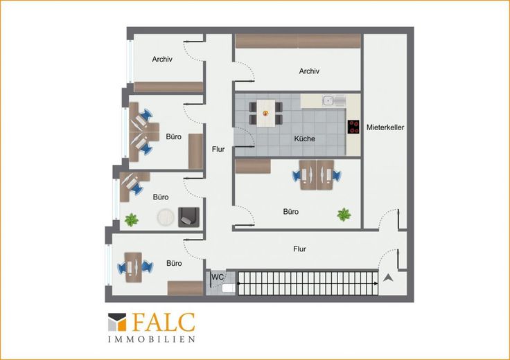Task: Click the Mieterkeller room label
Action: [385, 127]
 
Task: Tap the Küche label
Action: [304, 138]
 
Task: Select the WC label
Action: [218, 277]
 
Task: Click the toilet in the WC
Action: [229, 288]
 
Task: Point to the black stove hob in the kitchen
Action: [353, 127]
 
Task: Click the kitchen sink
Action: [333, 100]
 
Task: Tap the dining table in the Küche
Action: [265, 113]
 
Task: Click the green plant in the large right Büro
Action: [344, 215]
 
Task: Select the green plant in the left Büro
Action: [132, 220]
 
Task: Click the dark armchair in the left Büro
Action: [188, 217]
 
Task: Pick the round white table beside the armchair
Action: [166, 217]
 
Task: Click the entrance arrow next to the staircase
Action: [388, 278]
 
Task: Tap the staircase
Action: [308, 284]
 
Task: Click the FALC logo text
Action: [164, 323]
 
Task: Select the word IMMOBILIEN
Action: [152, 339]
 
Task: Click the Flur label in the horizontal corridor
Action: [299, 249]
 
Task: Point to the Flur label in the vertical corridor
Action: [218, 150]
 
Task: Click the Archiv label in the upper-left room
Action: [162, 59]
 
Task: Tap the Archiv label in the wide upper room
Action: [309, 71]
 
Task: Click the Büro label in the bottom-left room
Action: [174, 263]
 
